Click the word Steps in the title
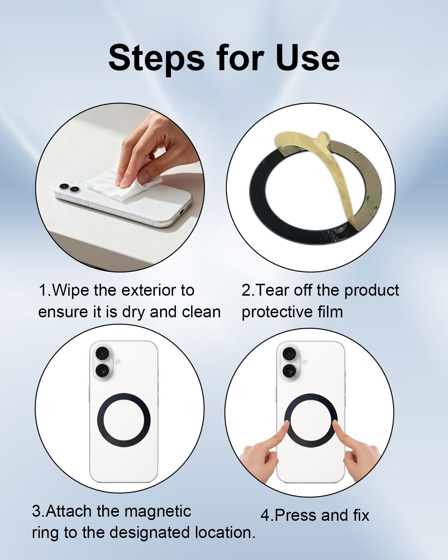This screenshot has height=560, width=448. point(156,58)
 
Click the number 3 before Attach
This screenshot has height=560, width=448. point(37,511)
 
